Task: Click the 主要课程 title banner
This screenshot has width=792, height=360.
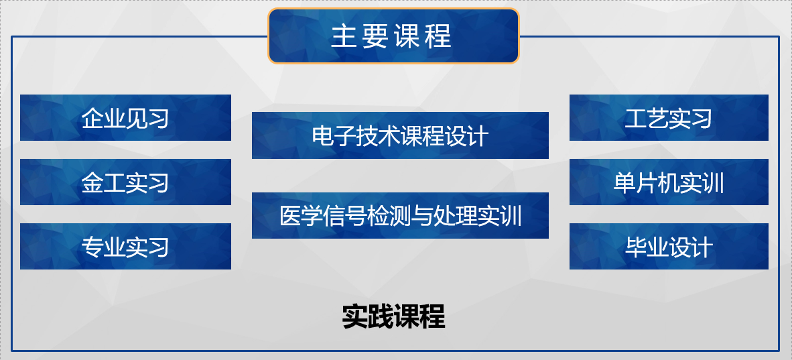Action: pyautogui.click(x=393, y=36)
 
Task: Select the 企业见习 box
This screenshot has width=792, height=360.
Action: pyautogui.click(x=125, y=117)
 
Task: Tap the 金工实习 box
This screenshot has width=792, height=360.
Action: pyautogui.click(x=125, y=182)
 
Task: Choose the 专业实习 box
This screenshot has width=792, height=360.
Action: pyautogui.click(x=125, y=246)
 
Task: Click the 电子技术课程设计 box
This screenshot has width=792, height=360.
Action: pyautogui.click(x=400, y=135)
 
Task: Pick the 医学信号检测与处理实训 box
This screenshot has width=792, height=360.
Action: pyautogui.click(x=400, y=215)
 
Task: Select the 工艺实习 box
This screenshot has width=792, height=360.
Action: pyautogui.click(x=669, y=117)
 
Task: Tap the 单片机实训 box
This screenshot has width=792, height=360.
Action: pyautogui.click(x=669, y=182)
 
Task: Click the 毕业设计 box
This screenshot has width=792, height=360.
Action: pyautogui.click(x=669, y=246)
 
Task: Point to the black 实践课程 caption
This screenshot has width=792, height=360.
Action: pyautogui.click(x=393, y=317)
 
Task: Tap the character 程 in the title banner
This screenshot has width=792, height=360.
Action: pyautogui.click(x=438, y=36)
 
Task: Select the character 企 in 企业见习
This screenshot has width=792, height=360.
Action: pyautogui.click(x=92, y=118)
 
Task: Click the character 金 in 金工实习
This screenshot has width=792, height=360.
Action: pyautogui.click(x=92, y=182)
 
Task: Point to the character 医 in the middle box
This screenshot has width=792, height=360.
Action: pyautogui.click(x=290, y=216)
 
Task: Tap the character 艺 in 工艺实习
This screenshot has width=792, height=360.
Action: pyautogui.click(x=657, y=118)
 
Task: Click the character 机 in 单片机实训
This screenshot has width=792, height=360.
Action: pyautogui.click(x=669, y=182)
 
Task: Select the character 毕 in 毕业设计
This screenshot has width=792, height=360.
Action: pyautogui.click(x=635, y=247)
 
